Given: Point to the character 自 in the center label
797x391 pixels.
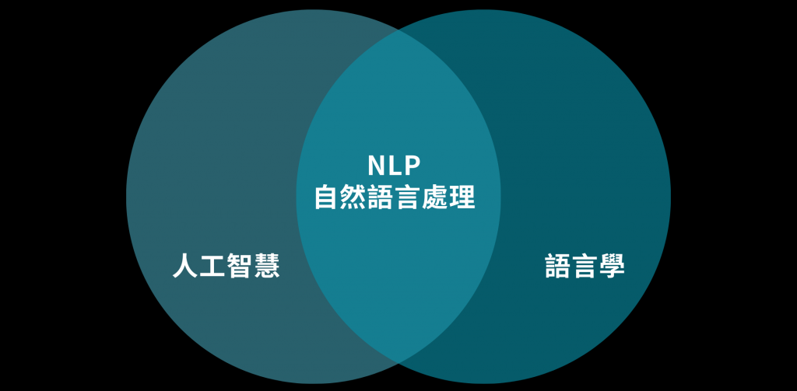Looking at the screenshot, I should click(x=327, y=197).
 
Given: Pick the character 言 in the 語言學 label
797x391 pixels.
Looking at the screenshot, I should click(x=585, y=267).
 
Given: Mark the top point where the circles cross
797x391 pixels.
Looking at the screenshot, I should click(x=398, y=31).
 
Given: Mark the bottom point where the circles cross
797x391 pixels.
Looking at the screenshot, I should click(x=398, y=362).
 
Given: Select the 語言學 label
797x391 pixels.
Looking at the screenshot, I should click(x=585, y=267).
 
